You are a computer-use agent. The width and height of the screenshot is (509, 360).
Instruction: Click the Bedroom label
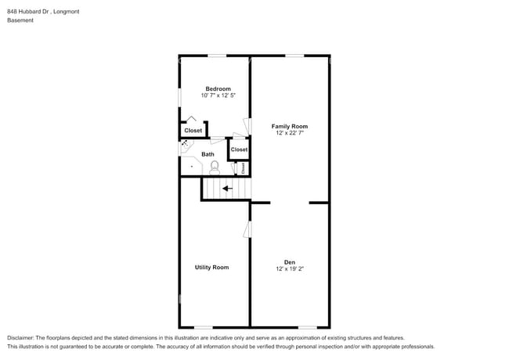click(x=218, y=88)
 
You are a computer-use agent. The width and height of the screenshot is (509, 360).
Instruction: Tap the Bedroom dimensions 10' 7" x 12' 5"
click(x=218, y=95)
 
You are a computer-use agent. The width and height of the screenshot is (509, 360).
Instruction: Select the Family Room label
click(x=289, y=126)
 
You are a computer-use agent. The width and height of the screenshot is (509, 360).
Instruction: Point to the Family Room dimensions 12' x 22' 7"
click(x=289, y=133)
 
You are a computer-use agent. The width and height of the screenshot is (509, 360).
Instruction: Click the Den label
click(x=289, y=261)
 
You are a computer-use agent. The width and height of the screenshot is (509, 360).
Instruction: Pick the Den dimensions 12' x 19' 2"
click(x=289, y=268)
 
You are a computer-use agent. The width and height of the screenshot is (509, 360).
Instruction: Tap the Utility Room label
click(x=211, y=268)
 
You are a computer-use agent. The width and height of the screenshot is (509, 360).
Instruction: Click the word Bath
click(x=208, y=154)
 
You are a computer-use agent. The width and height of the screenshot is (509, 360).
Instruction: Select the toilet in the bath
click(x=215, y=167)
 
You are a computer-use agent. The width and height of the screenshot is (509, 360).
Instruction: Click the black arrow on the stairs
click(x=227, y=188)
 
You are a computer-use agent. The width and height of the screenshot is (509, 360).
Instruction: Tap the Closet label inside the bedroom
click(x=193, y=131)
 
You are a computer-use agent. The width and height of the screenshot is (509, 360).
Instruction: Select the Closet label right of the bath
click(x=239, y=149)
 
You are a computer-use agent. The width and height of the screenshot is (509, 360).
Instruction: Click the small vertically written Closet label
click(x=243, y=167)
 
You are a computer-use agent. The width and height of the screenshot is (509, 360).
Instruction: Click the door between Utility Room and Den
click(x=247, y=229)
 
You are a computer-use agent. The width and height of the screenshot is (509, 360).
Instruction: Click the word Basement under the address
click(x=20, y=20)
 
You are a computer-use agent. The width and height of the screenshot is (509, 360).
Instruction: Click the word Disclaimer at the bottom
click(x=22, y=337)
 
